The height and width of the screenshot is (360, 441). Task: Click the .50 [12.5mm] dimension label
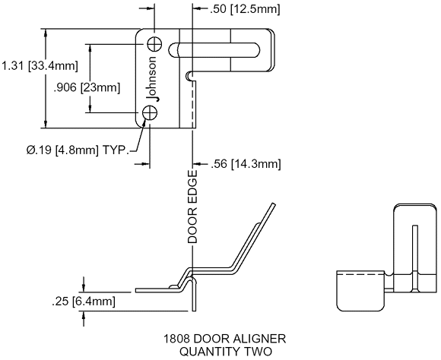pyautogui.click(x=245, y=9)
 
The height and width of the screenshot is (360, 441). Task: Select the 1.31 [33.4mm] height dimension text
pyautogui.click(x=40, y=66)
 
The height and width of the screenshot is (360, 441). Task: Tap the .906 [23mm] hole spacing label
pyautogui.click(x=87, y=87)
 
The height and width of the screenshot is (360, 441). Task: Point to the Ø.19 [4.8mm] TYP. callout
pyautogui.click(x=78, y=150)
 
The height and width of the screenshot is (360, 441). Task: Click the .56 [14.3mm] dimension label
pyautogui.click(x=246, y=164)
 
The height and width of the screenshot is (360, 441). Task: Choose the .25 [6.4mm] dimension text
pyautogui.click(x=83, y=302)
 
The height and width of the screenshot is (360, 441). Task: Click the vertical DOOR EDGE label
pyautogui.click(x=192, y=207)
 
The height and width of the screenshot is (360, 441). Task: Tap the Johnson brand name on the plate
pyautogui.click(x=152, y=79)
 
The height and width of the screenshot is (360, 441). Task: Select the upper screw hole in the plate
pyautogui.click(x=154, y=44)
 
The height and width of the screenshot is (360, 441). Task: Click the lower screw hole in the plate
pyautogui.click(x=150, y=113)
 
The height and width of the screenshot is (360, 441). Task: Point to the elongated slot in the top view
pyautogui.click(x=214, y=50)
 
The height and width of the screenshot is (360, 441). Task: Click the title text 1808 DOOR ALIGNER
pyautogui.click(x=224, y=339)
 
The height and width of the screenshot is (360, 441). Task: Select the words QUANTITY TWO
pyautogui.click(x=226, y=352)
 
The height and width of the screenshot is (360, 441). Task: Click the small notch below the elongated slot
pyautogui.click(x=189, y=75)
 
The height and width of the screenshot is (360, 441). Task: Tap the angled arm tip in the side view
pyautogui.click(x=273, y=204)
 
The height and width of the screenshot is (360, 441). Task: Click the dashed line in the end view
pyautogui.click(x=360, y=273)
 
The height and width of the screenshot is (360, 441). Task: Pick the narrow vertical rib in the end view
pyautogui.click(x=414, y=258)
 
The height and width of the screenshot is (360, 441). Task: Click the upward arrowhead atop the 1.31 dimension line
pyautogui.click(x=46, y=33)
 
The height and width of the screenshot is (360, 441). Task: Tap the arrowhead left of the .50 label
pyautogui.click(x=197, y=8)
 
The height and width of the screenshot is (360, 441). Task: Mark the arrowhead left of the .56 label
pyautogui.click(x=197, y=163)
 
